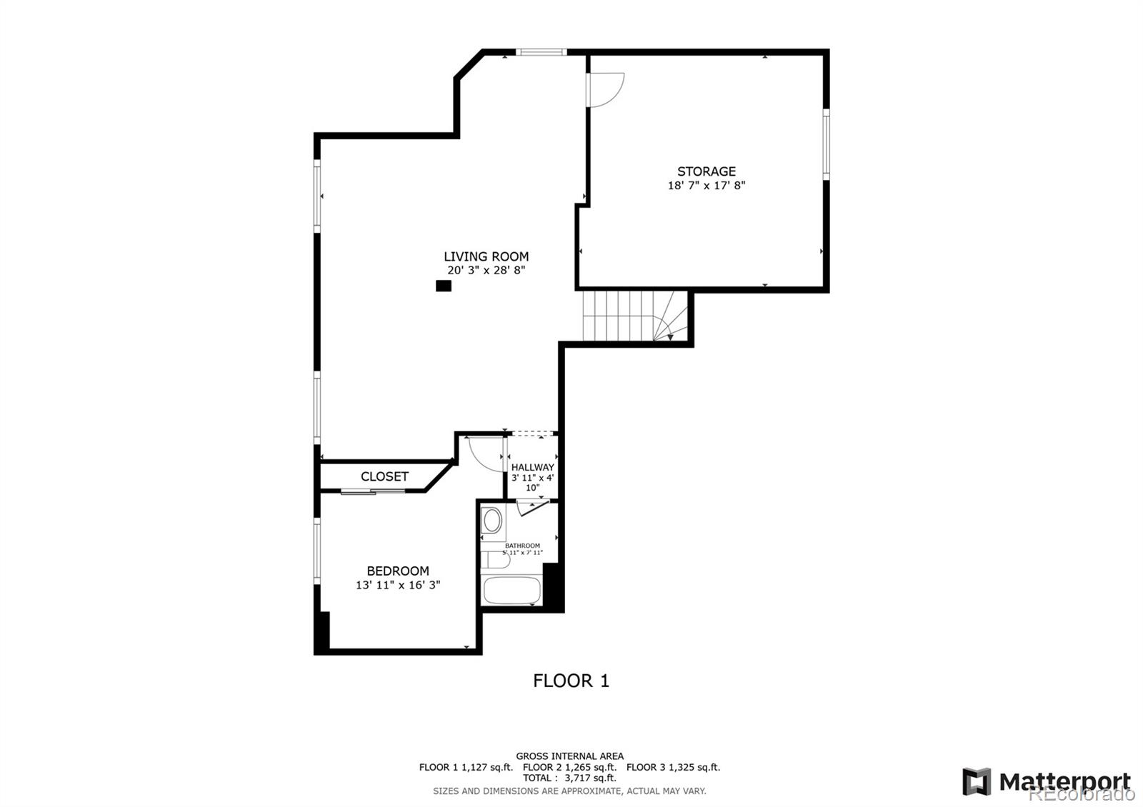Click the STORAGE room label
706,171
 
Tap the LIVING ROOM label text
486,256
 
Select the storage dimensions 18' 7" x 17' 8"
706,186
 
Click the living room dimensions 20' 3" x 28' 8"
486,271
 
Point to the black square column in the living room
444,286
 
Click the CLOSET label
384,476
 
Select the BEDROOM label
398,571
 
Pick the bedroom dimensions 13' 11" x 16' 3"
398,585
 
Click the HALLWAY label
532,467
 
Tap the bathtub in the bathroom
511,591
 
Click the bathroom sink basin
492,520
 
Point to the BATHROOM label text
522,546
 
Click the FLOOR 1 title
571,681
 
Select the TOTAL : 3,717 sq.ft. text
569,778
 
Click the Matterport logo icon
976,781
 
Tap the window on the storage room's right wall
826,144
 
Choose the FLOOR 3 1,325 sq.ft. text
673,767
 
